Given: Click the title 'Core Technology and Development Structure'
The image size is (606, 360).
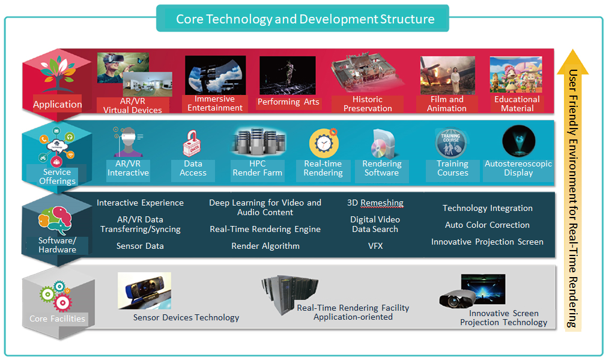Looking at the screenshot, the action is (x=305, y=19).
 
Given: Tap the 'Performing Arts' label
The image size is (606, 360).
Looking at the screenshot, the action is (x=288, y=102).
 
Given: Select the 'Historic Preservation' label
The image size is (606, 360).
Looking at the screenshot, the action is (x=368, y=103).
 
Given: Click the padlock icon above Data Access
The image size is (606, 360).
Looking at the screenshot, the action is (x=192, y=143).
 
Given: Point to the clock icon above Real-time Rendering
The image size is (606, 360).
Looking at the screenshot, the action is (x=324, y=142).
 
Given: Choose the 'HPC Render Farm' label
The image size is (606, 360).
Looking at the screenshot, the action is (x=258, y=168).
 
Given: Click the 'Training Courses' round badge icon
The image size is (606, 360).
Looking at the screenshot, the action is (x=450, y=142).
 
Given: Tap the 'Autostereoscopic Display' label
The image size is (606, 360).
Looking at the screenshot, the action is (x=518, y=168).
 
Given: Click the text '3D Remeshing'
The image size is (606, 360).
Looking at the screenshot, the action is (x=375, y=203).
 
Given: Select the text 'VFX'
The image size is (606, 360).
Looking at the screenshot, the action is (x=375, y=246).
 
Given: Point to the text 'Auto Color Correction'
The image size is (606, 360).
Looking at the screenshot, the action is (x=487, y=225).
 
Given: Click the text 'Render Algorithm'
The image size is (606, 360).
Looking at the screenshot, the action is (x=265, y=246).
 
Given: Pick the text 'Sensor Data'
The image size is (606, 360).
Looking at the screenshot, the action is (x=140, y=246).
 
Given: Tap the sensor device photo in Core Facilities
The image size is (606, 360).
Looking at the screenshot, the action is (x=145, y=290).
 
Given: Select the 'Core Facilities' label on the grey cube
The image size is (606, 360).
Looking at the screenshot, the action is (x=57, y=319).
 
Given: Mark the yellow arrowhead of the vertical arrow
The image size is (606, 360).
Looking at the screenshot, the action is (x=573, y=62).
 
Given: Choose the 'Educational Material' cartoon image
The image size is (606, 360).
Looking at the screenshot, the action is (x=515, y=75).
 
